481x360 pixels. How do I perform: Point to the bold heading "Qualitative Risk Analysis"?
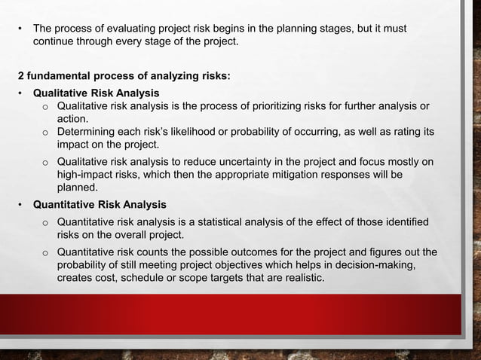pos(95,93)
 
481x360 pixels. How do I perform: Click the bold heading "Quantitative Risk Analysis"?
pos(99,204)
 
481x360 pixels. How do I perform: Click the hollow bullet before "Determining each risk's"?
pos(45,133)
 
